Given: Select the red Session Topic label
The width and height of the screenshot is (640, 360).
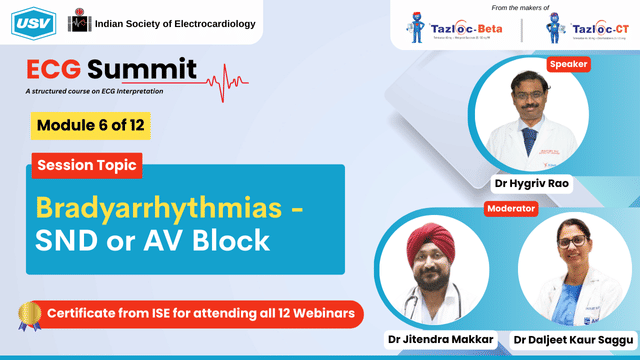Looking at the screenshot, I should pos(88,164).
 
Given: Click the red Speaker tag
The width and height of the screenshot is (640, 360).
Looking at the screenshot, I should pos(568,64).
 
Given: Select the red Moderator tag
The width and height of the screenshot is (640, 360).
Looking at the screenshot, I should pos(511,209).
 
